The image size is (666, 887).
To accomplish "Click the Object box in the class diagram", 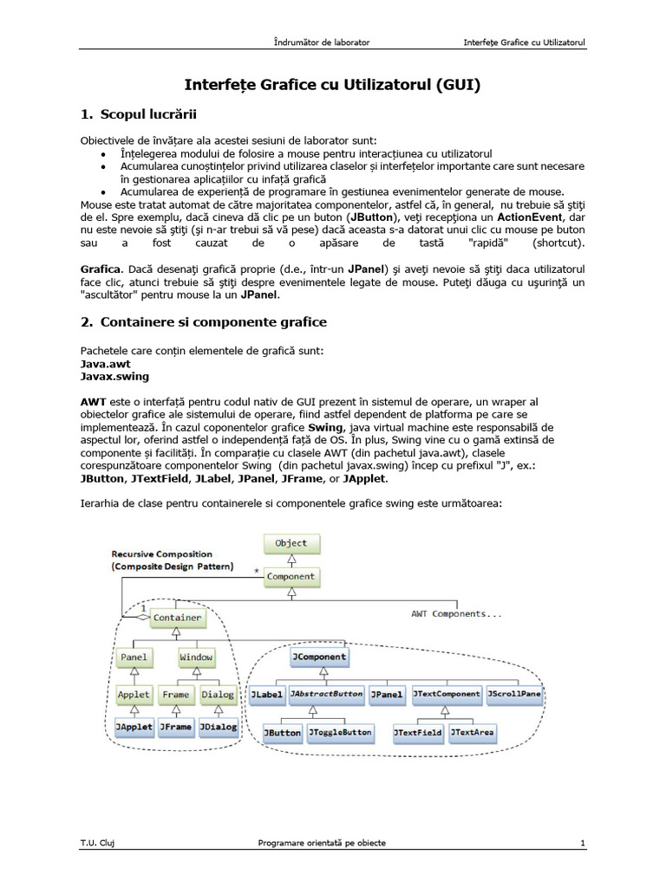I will [291, 543].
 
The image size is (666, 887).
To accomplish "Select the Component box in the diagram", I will [291, 575].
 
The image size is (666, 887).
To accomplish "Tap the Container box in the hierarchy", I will [178, 618].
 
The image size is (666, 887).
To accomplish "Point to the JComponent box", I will [318, 657].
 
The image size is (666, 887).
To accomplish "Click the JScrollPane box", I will [514, 694].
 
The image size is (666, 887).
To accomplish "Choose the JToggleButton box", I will [341, 732].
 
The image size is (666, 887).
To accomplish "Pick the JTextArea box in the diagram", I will [473, 732].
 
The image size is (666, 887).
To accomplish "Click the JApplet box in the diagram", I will [134, 727].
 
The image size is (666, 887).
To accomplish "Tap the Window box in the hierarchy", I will [196, 657].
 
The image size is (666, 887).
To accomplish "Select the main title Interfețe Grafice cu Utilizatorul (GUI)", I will [332, 85].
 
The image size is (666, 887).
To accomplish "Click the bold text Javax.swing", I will [114, 377].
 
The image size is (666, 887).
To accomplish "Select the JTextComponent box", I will [446, 694].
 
